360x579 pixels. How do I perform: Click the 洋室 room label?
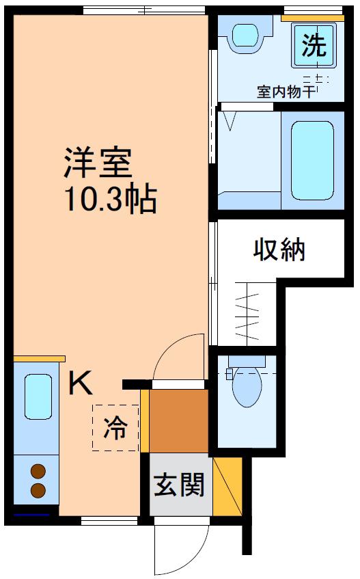(x=98, y=163)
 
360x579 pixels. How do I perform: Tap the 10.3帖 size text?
(x=111, y=199)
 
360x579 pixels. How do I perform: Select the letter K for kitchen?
(x=81, y=383)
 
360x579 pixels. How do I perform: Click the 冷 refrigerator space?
(x=115, y=428)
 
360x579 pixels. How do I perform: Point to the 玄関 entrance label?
(x=179, y=485)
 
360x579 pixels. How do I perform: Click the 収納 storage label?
(x=279, y=250)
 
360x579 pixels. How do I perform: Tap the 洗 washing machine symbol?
(x=314, y=45)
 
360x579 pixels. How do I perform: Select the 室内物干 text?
(x=286, y=92)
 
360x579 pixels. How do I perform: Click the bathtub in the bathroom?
(x=312, y=161)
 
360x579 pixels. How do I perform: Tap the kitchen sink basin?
(x=38, y=396)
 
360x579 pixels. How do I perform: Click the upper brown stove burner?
(x=38, y=472)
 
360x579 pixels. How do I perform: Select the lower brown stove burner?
(x=38, y=490)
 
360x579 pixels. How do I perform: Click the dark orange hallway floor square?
(x=179, y=421)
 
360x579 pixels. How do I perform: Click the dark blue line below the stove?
(x=31, y=514)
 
